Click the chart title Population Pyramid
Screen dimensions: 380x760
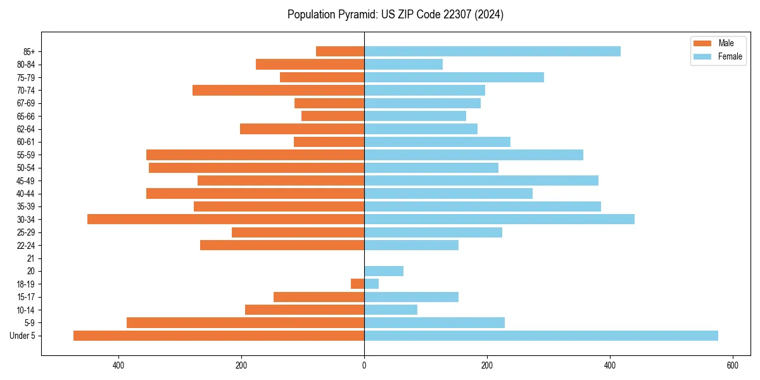395,15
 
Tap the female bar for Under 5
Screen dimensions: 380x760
541,336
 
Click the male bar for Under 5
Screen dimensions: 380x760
218,336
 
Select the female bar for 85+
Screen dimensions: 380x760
492,51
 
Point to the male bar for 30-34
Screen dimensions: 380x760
225,219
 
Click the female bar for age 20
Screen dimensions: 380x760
384,271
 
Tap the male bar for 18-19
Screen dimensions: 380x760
358,284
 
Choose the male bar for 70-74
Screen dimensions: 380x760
278,90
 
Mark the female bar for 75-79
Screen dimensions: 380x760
454,77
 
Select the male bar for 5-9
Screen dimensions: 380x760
245,322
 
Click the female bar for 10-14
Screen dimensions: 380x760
391,310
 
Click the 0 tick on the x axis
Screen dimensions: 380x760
364,365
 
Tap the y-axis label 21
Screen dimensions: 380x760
30,258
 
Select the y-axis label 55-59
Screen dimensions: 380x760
26,155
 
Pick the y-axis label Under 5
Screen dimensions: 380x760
22,336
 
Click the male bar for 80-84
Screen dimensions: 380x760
310,64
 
